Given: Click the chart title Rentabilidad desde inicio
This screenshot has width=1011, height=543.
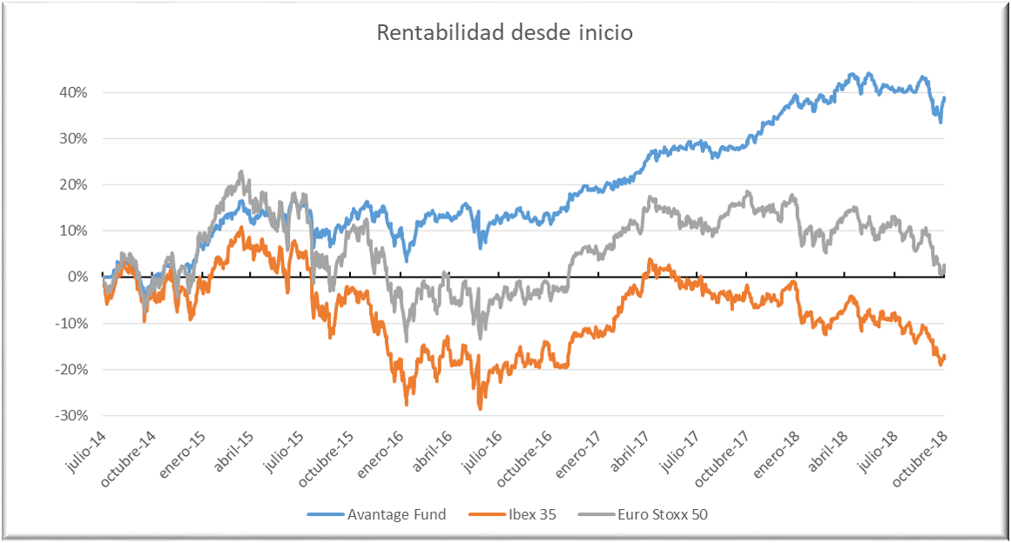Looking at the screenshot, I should [504, 33].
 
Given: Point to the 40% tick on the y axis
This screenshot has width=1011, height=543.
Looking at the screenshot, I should [73, 92].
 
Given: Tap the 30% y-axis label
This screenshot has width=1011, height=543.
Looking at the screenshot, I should [73, 138].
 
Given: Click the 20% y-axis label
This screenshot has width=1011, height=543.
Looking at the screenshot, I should [73, 184].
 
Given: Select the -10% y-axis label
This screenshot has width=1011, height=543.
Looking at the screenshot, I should [71, 323].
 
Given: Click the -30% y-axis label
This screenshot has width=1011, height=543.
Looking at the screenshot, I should [71, 415].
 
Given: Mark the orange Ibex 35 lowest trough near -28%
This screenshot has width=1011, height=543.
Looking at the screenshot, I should [480, 408].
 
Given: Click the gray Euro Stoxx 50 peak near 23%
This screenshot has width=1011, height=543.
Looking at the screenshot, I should [241, 172].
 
